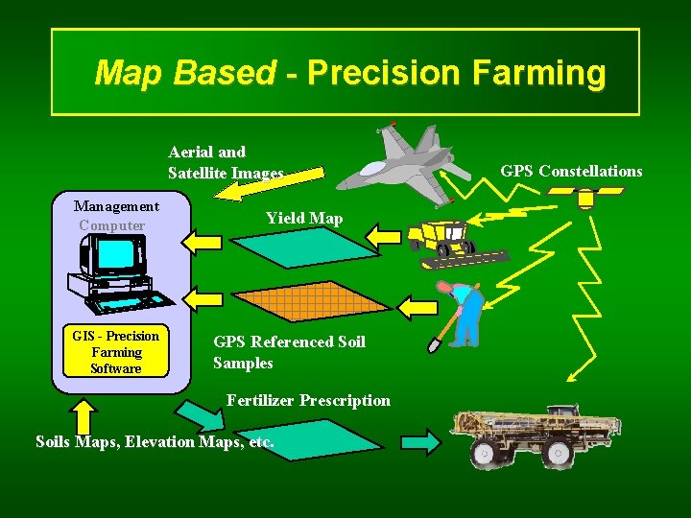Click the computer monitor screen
(116, 254)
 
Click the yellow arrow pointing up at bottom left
(84, 416)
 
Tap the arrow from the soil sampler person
(417, 307)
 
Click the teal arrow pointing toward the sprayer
(419, 442)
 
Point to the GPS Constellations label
(571, 171)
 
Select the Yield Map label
(303, 218)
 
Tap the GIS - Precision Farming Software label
(115, 352)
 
